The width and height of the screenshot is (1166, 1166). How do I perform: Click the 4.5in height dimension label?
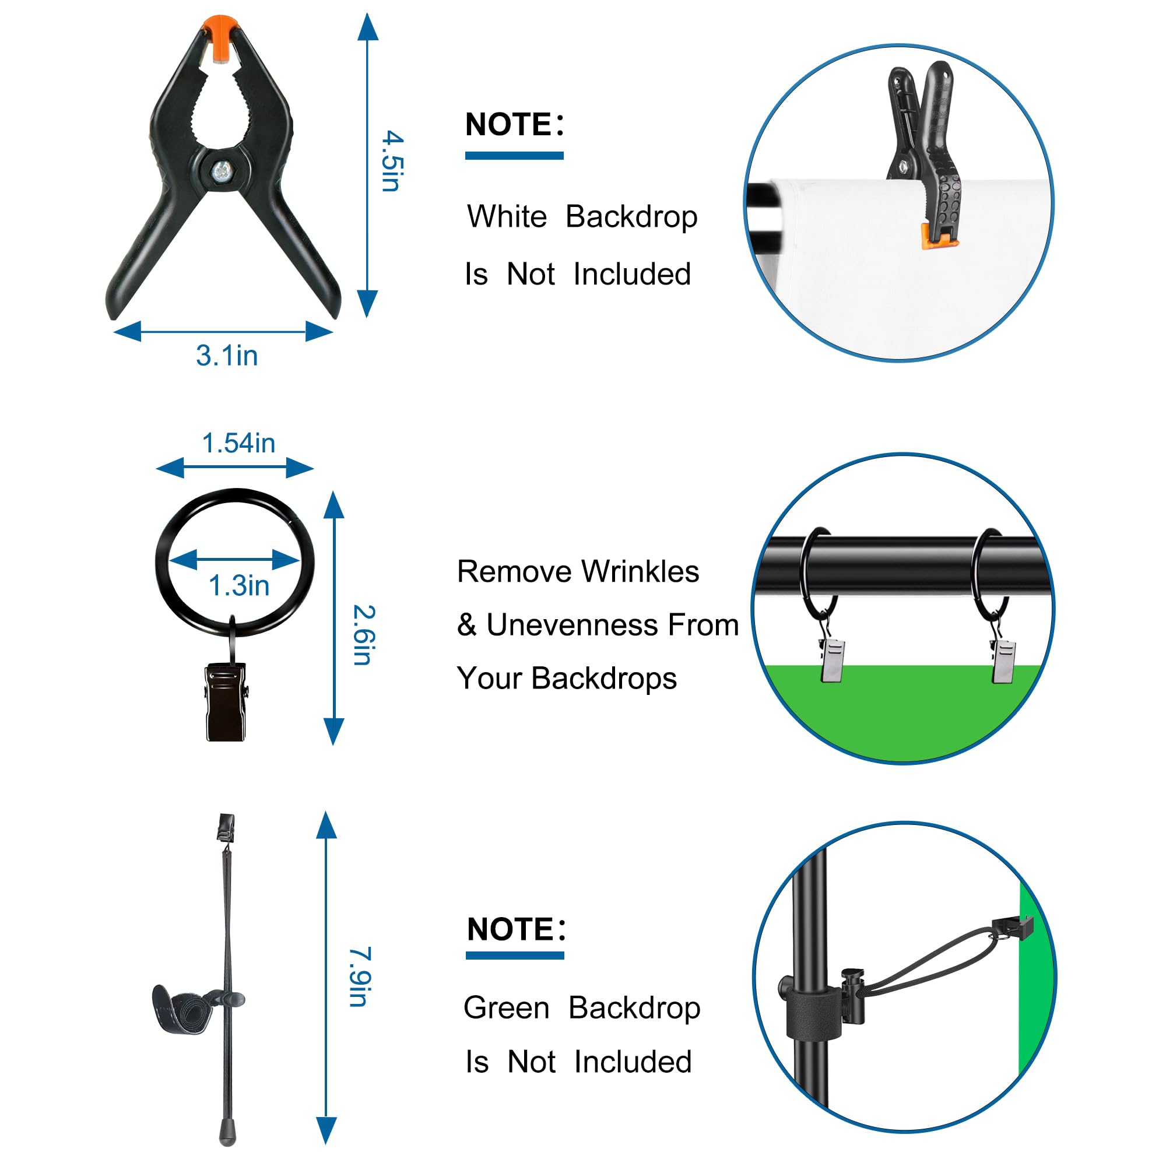[x=392, y=161]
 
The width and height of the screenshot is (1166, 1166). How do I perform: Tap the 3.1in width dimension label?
[x=227, y=356]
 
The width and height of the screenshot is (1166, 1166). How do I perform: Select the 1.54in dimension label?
[x=238, y=444]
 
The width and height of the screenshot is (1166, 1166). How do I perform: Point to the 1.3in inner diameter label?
[x=239, y=585]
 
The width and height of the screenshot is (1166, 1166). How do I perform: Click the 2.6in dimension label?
[x=364, y=635]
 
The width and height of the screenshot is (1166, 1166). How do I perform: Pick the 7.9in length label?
[x=360, y=977]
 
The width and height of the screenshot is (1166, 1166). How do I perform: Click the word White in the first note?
[x=507, y=216]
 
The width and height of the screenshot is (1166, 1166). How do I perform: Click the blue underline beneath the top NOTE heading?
[x=514, y=156]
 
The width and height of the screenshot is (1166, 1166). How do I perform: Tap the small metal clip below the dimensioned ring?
[x=226, y=702]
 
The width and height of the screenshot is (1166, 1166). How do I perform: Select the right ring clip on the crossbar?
[x=1004, y=661]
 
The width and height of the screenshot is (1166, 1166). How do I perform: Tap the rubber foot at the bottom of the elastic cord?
[x=227, y=1133]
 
